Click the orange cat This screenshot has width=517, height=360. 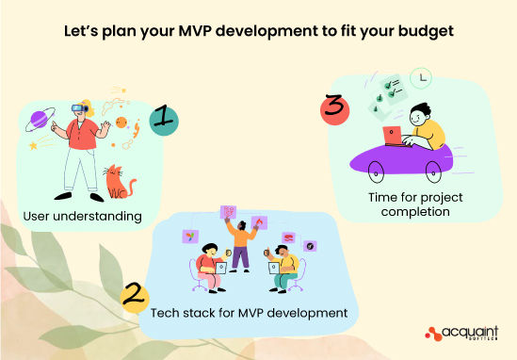(x=118, y=180)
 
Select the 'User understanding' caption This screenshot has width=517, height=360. (x=83, y=217)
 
